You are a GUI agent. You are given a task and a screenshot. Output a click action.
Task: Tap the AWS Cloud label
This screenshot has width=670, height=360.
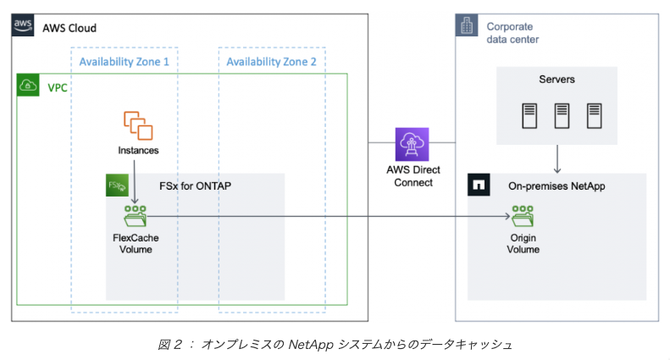point(69,28)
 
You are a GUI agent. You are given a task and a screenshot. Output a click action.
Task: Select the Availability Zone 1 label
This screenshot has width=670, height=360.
point(124,62)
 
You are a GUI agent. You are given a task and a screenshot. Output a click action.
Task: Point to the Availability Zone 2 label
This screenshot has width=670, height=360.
point(271,62)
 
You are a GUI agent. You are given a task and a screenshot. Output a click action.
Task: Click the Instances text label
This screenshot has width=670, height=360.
point(138,151)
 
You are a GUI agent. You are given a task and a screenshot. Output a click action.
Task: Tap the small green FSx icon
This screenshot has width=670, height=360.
point(117,186)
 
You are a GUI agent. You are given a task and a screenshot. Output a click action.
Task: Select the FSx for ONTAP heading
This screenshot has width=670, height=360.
point(195,186)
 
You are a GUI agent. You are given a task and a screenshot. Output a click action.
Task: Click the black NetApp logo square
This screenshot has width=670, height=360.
point(479,184)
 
